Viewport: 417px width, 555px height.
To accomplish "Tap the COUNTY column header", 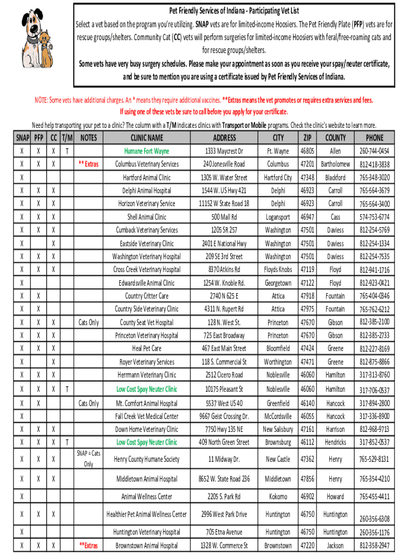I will coord(335,138).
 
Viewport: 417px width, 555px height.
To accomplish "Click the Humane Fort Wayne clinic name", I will coord(147,151).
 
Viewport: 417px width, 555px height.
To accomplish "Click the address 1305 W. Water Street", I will coord(224,177).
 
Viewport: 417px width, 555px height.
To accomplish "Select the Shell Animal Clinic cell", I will coord(147,217).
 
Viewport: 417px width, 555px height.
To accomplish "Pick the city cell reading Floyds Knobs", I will coord(278,269).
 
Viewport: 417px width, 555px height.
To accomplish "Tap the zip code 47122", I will coord(307,283).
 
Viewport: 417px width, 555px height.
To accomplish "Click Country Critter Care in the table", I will coord(147,296).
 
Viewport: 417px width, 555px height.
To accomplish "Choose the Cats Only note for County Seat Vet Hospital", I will coord(88,322).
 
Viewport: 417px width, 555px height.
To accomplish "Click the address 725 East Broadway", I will coord(224,335).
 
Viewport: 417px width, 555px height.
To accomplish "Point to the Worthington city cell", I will coord(278,362).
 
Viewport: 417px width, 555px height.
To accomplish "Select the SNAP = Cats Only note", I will coord(88,459).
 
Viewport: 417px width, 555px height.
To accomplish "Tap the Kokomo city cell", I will coord(278,496).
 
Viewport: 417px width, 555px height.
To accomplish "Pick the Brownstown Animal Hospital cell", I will coord(147,545).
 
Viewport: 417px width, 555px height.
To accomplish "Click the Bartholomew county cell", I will coord(335,164).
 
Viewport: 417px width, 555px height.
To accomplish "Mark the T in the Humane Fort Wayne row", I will coord(66,151).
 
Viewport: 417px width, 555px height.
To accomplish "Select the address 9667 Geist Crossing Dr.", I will coord(224,416).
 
